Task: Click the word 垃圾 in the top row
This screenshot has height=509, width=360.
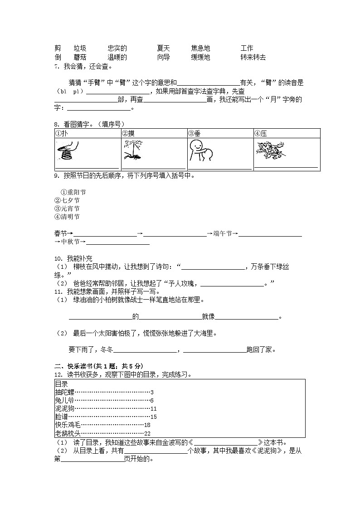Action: [x=80, y=48]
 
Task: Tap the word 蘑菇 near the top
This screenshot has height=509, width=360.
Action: [x=80, y=58]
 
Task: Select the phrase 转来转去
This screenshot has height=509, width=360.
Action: [x=253, y=58]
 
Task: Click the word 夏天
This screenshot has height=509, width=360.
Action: [x=164, y=48]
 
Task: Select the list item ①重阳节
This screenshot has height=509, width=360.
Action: [x=73, y=192]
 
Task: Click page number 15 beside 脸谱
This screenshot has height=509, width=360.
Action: [x=153, y=417]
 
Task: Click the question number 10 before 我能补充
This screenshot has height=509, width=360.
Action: [x=58, y=258]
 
